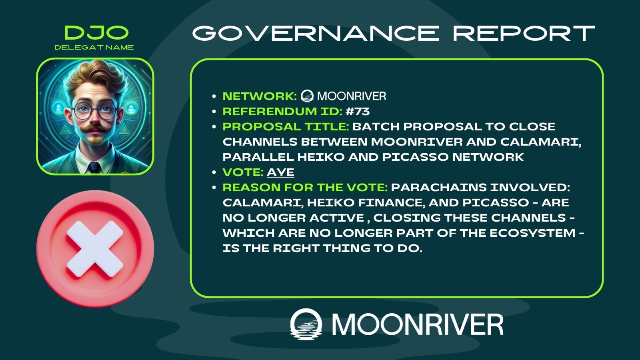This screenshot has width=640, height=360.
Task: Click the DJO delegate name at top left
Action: click(x=96, y=32)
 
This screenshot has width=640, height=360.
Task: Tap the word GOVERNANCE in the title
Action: click(x=316, y=33)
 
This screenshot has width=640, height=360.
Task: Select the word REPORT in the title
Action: click(x=524, y=33)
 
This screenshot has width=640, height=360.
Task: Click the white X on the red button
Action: click(x=95, y=249)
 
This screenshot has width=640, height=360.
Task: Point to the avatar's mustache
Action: click(x=94, y=129)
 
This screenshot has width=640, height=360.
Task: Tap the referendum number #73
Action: click(x=358, y=112)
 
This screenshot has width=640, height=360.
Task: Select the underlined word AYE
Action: click(x=280, y=172)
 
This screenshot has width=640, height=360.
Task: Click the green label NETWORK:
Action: click(x=260, y=96)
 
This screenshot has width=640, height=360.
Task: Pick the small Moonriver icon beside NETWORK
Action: click(x=307, y=96)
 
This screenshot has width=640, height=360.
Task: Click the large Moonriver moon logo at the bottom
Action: click(x=306, y=324)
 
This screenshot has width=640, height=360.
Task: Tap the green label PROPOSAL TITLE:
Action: click(x=286, y=126)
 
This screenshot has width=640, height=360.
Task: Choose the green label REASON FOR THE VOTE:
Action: click(x=305, y=188)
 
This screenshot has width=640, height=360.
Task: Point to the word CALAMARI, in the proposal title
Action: click(x=540, y=142)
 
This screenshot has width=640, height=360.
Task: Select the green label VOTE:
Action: click(x=243, y=172)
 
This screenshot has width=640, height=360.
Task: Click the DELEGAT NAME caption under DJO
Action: click(x=94, y=48)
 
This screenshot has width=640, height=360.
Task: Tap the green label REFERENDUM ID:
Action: click(x=282, y=112)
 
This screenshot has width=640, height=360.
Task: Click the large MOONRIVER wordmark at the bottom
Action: click(x=418, y=324)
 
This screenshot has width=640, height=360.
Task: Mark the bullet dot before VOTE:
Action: click(x=214, y=172)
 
